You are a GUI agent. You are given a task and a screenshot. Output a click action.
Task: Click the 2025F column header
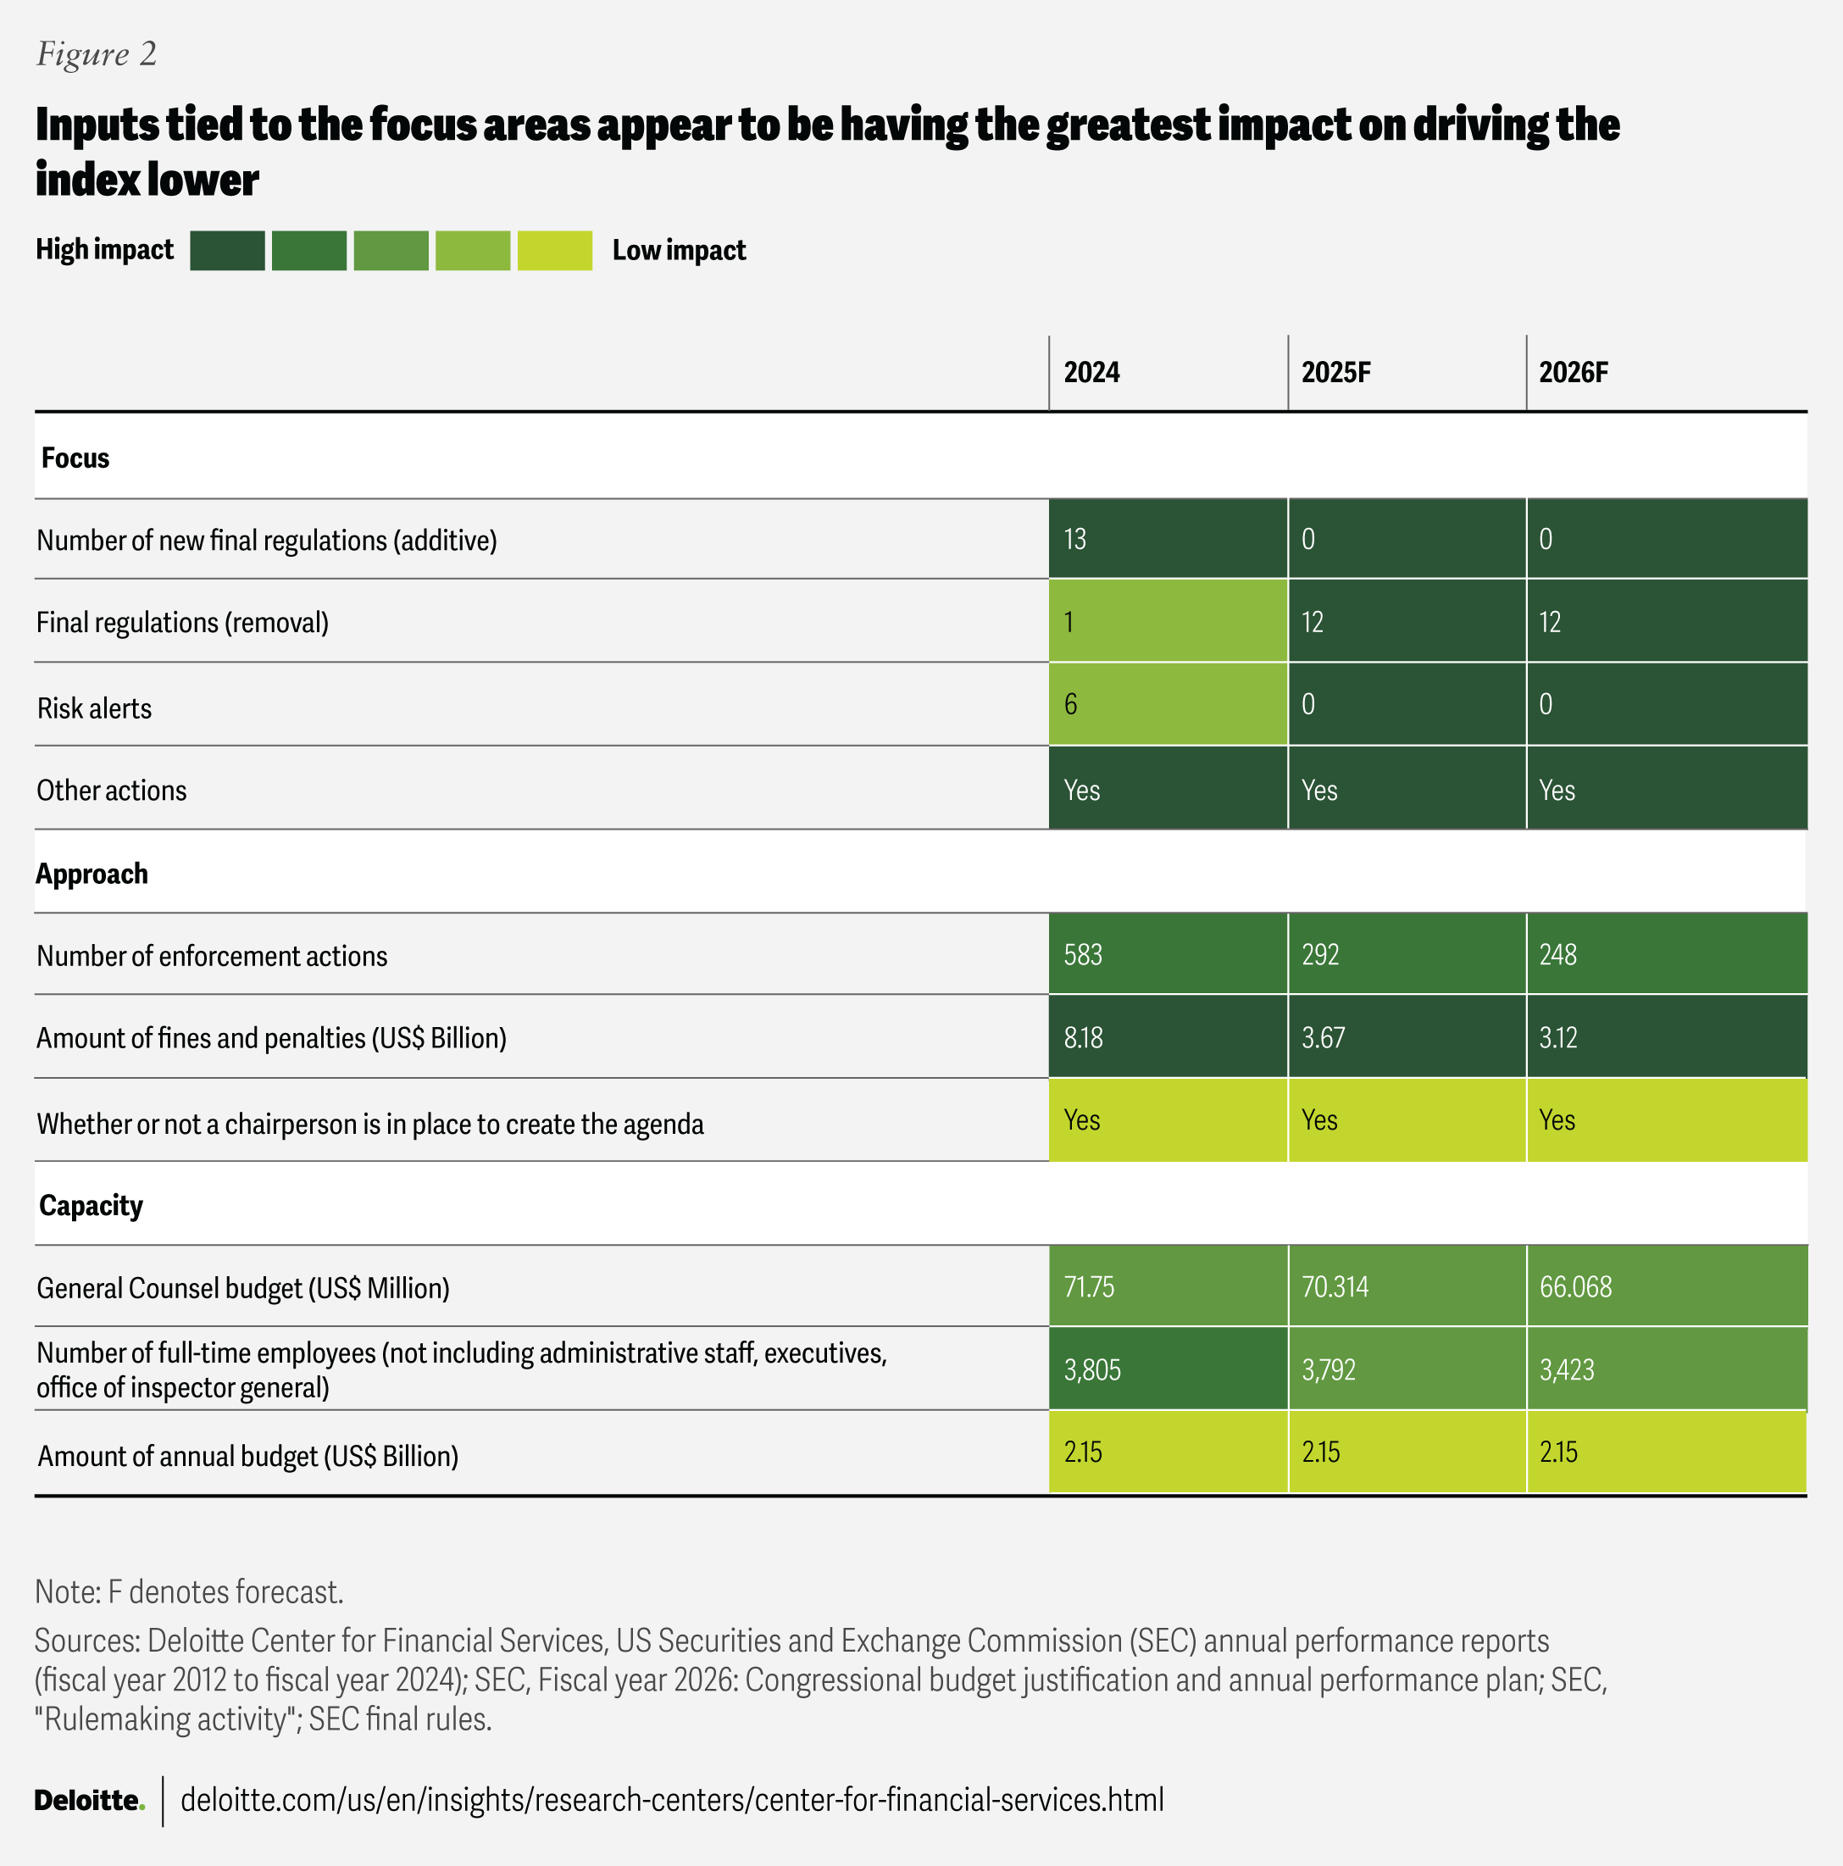pos(1336,373)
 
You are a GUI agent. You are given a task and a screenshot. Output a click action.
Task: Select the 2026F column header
pos(1574,373)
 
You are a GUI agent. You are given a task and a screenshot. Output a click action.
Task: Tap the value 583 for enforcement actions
pos(1083,955)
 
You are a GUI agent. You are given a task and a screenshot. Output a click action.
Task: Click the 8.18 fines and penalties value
pos(1083,1038)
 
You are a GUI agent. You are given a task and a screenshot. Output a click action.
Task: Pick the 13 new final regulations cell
pos(1075,539)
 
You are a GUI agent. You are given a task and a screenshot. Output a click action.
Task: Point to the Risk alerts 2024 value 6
pos(1070,704)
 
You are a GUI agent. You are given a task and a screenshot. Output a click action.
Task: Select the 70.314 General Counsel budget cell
pos(1335,1286)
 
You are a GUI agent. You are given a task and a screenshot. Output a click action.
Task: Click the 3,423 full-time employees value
pos(1567,1369)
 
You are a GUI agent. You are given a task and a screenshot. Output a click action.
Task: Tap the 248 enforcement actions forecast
pos(1558,955)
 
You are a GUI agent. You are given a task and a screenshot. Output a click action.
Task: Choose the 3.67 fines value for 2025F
pos(1323,1038)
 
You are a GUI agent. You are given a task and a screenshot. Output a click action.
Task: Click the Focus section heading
pos(75,458)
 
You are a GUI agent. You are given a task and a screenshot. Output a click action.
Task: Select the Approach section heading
pos(92,874)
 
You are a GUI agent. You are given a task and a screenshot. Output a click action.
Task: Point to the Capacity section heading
pos(91,1205)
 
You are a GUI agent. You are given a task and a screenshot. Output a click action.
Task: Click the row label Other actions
pos(112,791)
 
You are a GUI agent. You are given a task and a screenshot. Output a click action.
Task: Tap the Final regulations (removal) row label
pos(182,623)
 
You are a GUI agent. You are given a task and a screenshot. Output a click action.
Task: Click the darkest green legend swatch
pos(227,251)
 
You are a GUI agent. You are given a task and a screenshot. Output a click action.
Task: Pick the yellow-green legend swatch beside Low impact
pos(554,251)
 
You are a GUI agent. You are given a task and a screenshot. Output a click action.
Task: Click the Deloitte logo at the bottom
pos(89,1800)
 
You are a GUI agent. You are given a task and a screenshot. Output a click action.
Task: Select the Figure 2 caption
pos(97,54)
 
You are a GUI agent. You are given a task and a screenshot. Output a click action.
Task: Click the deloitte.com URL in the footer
pos(671,1800)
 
